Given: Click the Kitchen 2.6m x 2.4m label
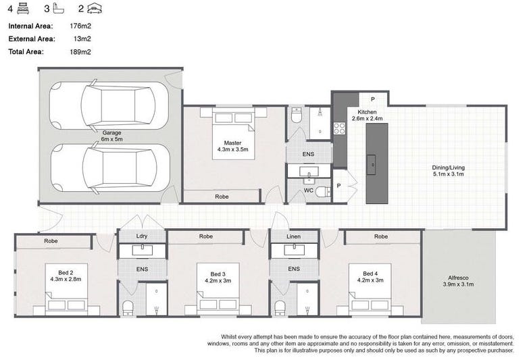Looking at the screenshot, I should point(367,115).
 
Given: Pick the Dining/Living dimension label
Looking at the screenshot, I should point(449,171).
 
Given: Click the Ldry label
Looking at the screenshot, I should point(142,236).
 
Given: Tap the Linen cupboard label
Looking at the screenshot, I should point(293,236).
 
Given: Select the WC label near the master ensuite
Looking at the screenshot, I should point(307,190).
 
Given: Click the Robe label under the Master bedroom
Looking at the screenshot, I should point(221,197).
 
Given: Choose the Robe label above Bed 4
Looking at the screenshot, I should point(381,236).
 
